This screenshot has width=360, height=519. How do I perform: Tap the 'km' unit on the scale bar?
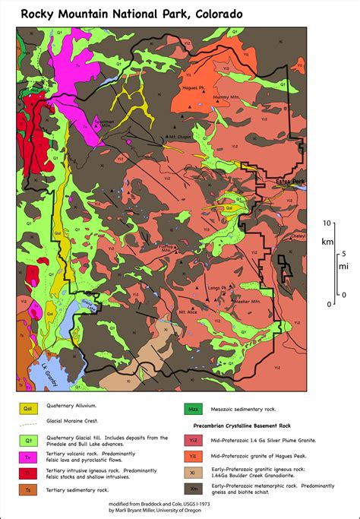point(327,242)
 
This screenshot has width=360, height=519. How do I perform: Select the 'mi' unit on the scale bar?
point(343,266)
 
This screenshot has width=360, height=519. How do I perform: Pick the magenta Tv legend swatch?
point(26,455)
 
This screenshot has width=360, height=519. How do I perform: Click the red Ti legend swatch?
point(26,473)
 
